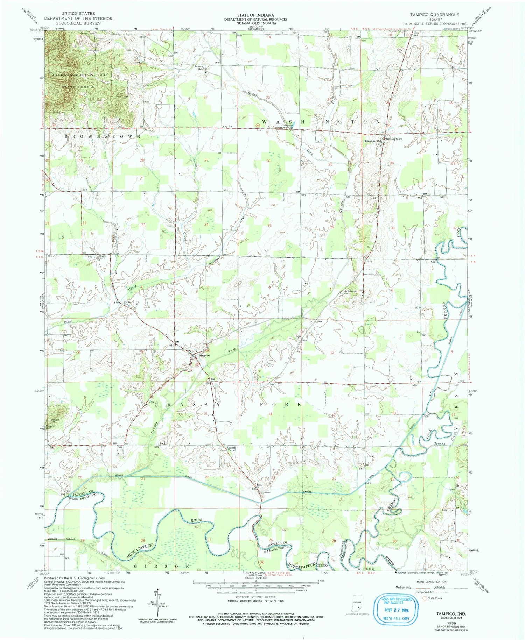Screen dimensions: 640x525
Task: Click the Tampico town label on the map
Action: click(x=203, y=355)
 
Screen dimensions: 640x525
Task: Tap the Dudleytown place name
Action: click(x=394, y=139)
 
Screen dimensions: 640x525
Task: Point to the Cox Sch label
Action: click(x=416, y=34)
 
